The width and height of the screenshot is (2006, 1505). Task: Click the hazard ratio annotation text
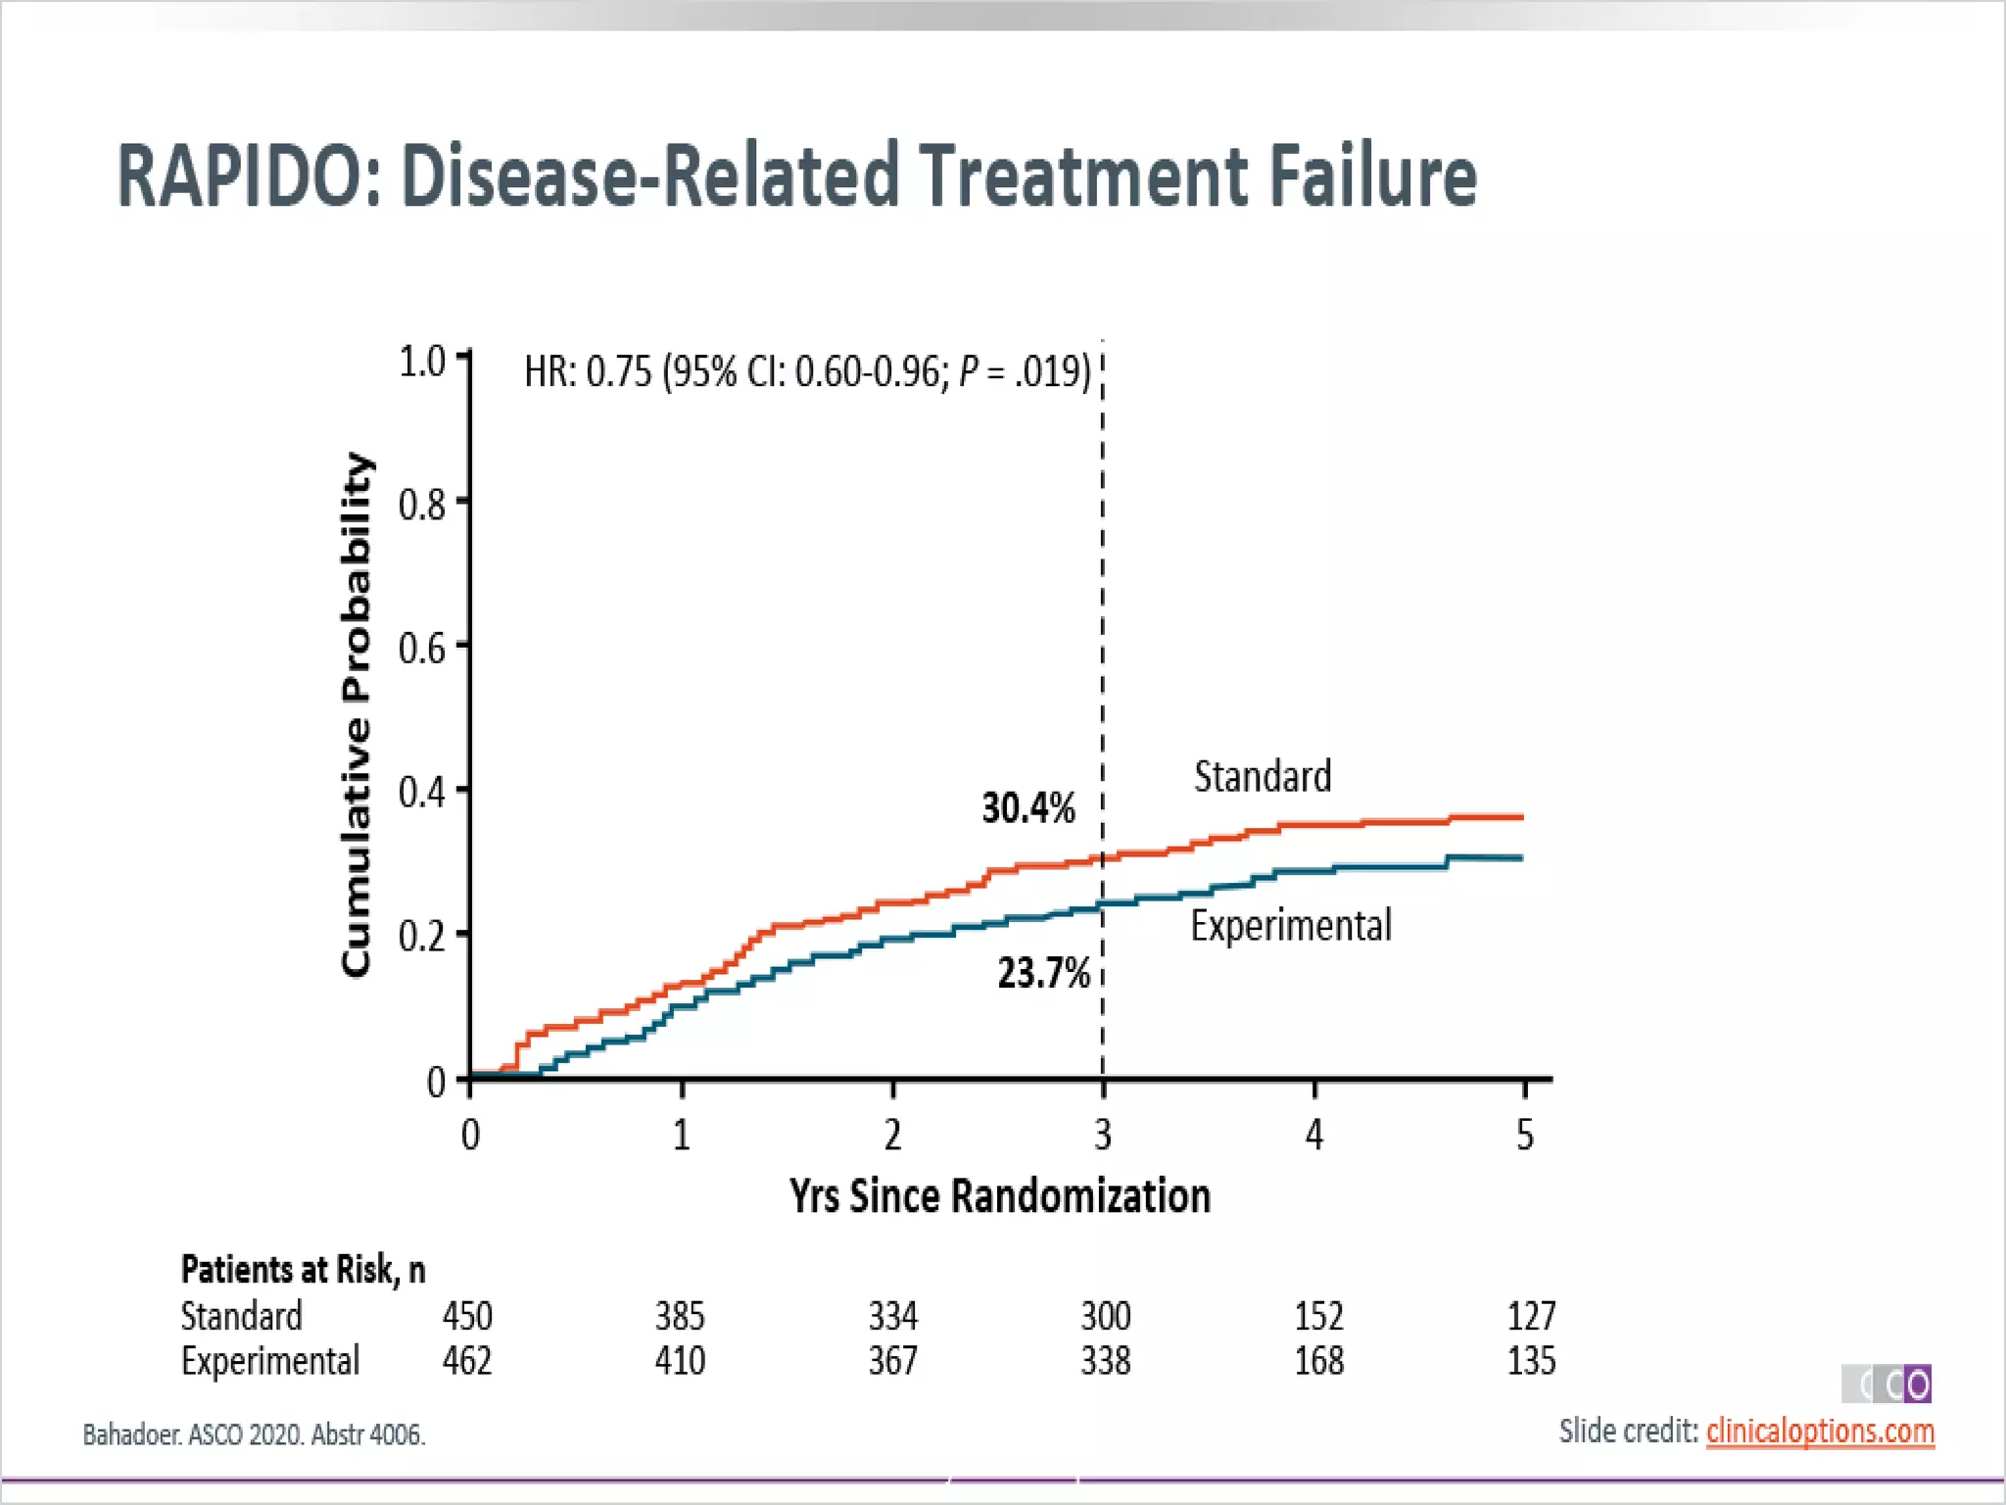(807, 372)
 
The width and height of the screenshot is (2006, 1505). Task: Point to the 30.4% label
(1027, 808)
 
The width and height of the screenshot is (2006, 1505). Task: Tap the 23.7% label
(1043, 973)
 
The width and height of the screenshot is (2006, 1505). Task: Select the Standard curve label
(1262, 776)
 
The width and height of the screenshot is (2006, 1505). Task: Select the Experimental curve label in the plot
(1290, 926)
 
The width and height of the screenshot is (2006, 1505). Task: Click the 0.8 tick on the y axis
(422, 505)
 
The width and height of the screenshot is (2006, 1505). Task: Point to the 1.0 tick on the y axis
(422, 362)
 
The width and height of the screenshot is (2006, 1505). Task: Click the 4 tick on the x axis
(1313, 1135)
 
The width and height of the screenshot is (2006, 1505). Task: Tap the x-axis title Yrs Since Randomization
(1000, 1196)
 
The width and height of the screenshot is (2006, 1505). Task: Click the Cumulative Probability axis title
(357, 715)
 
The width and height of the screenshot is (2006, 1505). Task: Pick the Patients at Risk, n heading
(303, 1270)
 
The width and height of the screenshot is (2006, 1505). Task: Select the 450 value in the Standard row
(467, 1316)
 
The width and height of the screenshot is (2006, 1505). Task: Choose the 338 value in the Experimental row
(1105, 1361)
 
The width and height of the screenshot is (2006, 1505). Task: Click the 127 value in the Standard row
(1531, 1316)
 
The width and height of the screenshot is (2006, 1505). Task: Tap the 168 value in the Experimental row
(1318, 1361)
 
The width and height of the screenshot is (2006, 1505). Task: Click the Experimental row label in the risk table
(270, 1361)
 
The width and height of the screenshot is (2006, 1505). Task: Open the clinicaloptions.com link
(1820, 1432)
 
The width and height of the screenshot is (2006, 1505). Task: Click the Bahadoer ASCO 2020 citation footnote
(254, 1435)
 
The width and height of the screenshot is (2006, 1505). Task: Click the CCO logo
(1887, 1384)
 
